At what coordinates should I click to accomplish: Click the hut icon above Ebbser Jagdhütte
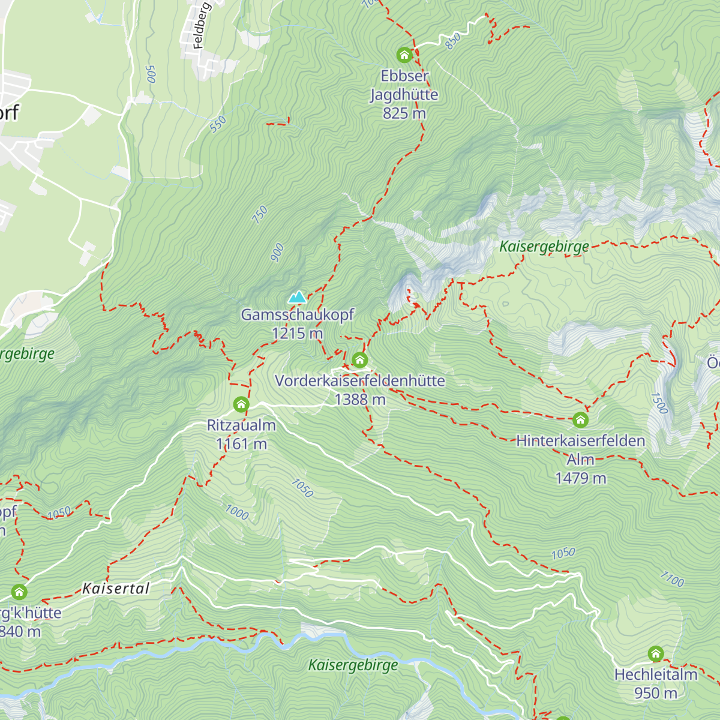click(404, 55)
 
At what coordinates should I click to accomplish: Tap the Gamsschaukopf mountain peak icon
click(297, 297)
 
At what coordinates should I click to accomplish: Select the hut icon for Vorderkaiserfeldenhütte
click(359, 360)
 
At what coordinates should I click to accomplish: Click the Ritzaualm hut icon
click(241, 404)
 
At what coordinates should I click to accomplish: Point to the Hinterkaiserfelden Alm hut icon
click(580, 419)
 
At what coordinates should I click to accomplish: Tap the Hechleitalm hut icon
click(656, 653)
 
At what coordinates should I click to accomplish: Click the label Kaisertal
click(116, 589)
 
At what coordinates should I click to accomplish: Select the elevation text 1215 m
click(297, 334)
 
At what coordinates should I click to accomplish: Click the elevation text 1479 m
click(580, 478)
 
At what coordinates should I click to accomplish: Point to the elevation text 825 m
click(404, 113)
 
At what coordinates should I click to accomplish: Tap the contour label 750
click(260, 215)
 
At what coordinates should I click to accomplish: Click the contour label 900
click(277, 253)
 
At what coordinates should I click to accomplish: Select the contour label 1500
click(659, 403)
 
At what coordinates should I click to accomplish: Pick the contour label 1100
click(672, 580)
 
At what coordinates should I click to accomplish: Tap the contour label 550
click(218, 124)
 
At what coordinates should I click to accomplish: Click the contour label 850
click(453, 41)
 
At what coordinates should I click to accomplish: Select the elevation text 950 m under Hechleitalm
click(655, 694)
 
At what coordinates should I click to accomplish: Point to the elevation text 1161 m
click(241, 445)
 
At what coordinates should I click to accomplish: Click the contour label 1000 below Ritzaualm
click(237, 512)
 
